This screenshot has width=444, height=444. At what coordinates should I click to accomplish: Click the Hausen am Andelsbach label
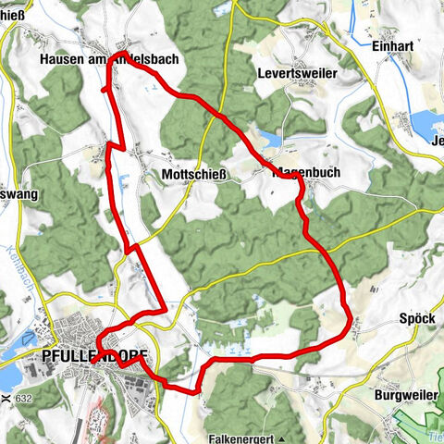[109, 58]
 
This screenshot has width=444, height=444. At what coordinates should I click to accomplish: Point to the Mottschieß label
[194, 173]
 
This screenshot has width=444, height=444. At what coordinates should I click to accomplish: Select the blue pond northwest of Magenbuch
[270, 139]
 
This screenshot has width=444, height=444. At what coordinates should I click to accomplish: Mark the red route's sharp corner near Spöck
[349, 323]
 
